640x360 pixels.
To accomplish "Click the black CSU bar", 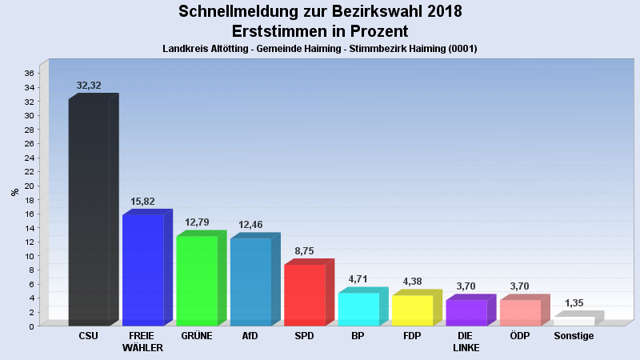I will click(89, 212).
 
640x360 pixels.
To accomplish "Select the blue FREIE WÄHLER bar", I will click(143, 270).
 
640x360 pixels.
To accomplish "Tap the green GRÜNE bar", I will click(197, 280).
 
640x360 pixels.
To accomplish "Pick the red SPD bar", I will click(305, 294).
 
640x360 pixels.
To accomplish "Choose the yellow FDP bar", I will click(412, 310).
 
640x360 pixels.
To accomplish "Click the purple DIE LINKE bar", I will click(466, 313).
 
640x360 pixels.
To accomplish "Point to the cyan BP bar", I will click(358, 309).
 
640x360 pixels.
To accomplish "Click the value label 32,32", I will click(89, 85).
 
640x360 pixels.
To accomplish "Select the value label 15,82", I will click(143, 202).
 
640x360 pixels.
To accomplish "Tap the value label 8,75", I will click(305, 251).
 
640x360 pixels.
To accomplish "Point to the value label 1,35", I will click(574, 303).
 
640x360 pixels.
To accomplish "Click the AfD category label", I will click(250, 336).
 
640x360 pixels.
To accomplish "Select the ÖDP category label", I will click(520, 336).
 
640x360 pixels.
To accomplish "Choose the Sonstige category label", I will click(574, 336).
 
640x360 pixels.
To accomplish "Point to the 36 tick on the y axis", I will click(28, 74).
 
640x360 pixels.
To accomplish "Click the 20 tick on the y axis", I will click(28, 186).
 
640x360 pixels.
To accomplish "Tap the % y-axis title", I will click(14, 192).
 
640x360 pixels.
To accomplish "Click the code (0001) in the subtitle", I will click(462, 49).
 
